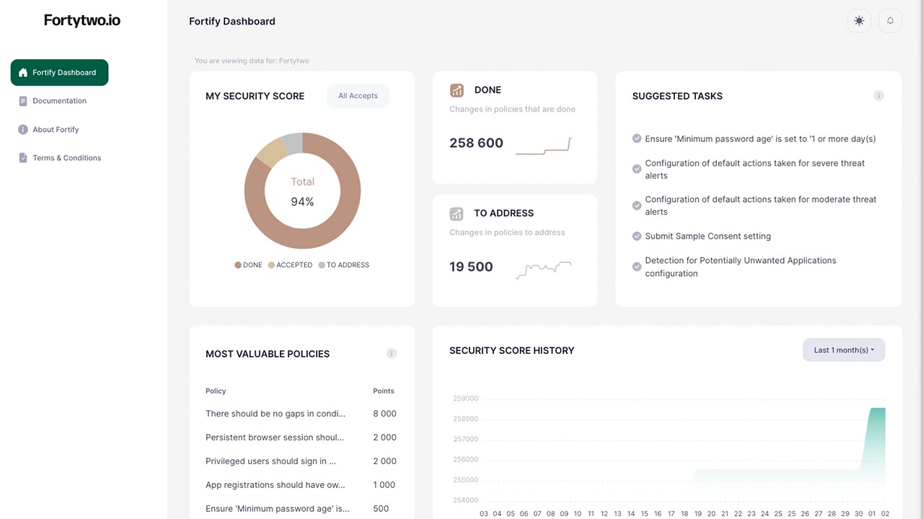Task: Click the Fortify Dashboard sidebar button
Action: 59,73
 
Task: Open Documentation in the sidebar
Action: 59,101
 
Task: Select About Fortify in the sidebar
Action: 56,130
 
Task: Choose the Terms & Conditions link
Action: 66,158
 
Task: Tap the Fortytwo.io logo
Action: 82,21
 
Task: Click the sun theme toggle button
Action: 859,21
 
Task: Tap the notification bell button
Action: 890,21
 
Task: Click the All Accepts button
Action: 358,96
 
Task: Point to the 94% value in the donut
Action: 302,202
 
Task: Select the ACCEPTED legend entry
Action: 290,265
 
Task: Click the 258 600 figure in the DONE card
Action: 476,143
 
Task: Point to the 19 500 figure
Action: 471,267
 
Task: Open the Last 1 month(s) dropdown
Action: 844,350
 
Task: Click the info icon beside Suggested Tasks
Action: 878,96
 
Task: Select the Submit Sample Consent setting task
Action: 707,236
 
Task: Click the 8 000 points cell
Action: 384,414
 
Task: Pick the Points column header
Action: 384,391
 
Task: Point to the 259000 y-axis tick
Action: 465,399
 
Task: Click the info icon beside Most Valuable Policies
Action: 392,354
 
